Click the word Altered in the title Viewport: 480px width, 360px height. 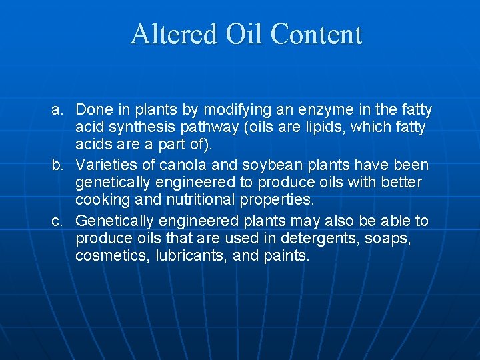pyautogui.click(x=173, y=34)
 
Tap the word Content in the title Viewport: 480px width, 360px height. pyautogui.click(x=317, y=34)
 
